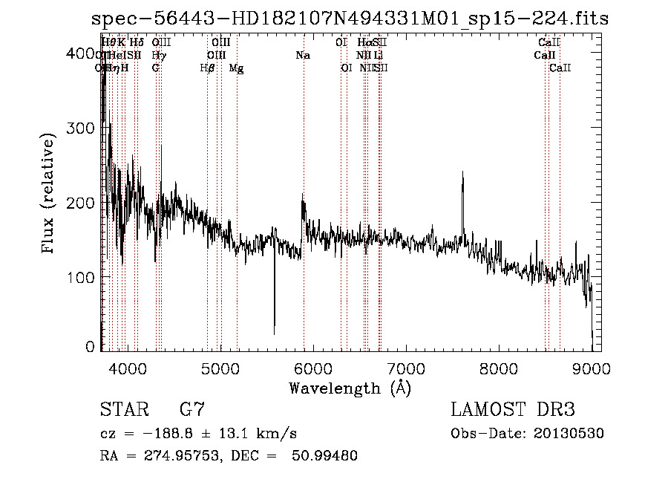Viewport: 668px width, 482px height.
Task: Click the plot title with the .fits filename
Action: (x=350, y=19)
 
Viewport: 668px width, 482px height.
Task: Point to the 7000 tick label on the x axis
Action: (x=405, y=368)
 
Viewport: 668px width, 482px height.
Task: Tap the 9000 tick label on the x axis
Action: (x=592, y=368)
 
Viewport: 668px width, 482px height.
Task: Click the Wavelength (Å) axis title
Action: (x=350, y=388)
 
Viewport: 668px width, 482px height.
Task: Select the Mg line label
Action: (x=236, y=68)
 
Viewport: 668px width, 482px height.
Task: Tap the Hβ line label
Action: (x=208, y=68)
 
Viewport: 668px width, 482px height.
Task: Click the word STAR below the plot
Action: (x=124, y=409)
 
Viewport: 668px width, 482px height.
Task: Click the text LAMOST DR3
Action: (x=513, y=409)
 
